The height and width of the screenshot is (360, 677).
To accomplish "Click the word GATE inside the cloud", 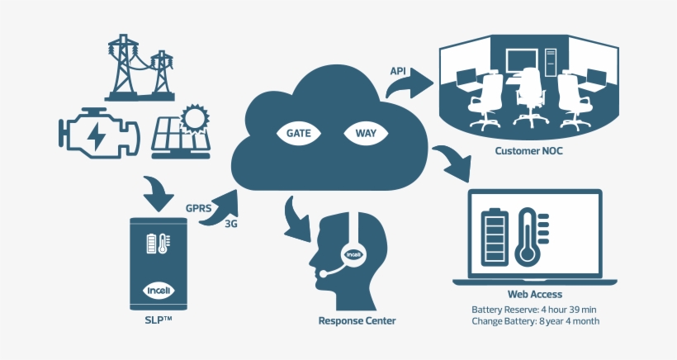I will pyautogui.click(x=298, y=133).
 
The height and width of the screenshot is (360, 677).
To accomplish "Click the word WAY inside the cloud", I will pyautogui.click(x=366, y=133).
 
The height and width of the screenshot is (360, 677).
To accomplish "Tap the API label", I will pyautogui.click(x=398, y=71).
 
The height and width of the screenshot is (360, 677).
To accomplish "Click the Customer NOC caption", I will pyautogui.click(x=528, y=151).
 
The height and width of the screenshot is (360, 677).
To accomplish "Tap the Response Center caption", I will pyautogui.click(x=357, y=320).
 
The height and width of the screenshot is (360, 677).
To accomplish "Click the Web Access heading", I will pyautogui.click(x=535, y=294).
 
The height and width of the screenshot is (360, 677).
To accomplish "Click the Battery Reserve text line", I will pyautogui.click(x=535, y=309).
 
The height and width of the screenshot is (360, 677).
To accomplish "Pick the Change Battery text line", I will pyautogui.click(x=535, y=321).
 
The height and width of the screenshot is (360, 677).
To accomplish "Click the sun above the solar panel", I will pyautogui.click(x=195, y=119).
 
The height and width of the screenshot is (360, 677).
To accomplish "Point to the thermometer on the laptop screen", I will pyautogui.click(x=527, y=236).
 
